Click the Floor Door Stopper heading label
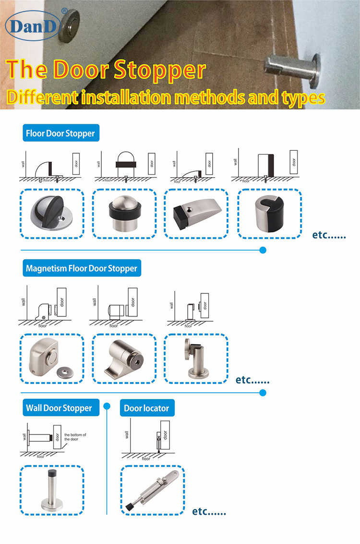pos(61,133)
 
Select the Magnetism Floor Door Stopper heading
pos(82,268)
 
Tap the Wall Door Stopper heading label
pos(59,408)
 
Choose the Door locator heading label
pos(147,408)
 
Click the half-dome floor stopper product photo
pos(52,214)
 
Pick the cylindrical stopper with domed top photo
pos(124,214)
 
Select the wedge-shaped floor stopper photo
pos(196,214)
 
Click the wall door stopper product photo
pos(52,489)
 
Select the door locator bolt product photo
pos(153,490)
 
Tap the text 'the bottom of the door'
pos(75,437)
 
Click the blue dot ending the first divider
pos(263,250)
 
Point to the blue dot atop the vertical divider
pos(107,405)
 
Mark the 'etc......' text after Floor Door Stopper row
pos(329,236)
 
